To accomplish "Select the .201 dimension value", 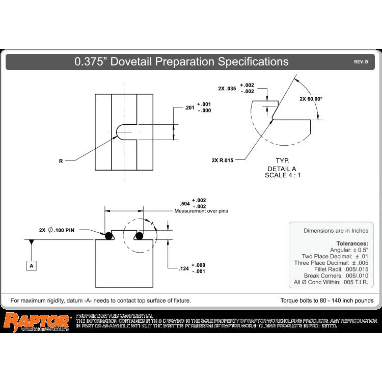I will tap(189, 108).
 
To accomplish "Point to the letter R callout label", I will tap(61, 161).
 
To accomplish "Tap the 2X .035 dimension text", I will tap(227, 89).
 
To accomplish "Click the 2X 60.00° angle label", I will tap(311, 99).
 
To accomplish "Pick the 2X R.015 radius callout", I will tap(222, 160).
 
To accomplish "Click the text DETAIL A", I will tap(282, 169).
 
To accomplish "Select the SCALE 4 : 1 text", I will tap(283, 175).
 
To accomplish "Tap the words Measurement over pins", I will tap(198, 211).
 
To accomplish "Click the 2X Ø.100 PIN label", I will tap(57, 230).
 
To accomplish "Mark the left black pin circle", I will tap(108, 236).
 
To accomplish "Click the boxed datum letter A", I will tap(32, 265).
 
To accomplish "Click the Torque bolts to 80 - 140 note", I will tap(326, 301).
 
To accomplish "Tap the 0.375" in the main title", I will tap(91, 62).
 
